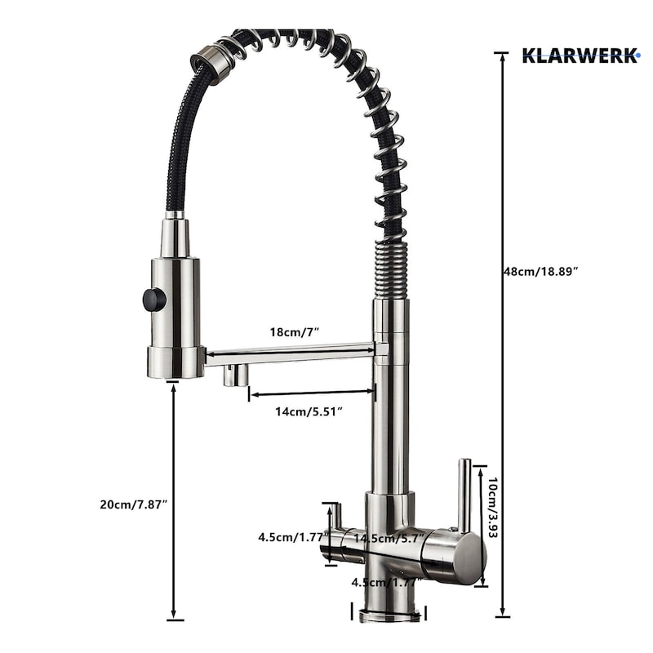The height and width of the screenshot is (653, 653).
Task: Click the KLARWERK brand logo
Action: point(580,56)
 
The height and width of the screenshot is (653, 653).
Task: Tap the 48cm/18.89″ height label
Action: point(541,272)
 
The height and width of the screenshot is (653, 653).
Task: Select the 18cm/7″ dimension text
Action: point(295,332)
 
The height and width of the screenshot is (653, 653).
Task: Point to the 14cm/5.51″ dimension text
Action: point(309,411)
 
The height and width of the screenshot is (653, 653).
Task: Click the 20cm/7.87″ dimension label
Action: point(133,504)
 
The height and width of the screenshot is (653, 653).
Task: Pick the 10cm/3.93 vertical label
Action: point(493,507)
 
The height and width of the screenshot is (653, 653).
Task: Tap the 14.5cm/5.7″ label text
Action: point(389,538)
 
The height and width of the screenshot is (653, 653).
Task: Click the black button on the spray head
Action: point(154,299)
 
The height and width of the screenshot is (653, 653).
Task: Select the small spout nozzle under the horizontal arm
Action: point(236,375)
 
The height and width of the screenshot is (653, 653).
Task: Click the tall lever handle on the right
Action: point(464,495)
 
